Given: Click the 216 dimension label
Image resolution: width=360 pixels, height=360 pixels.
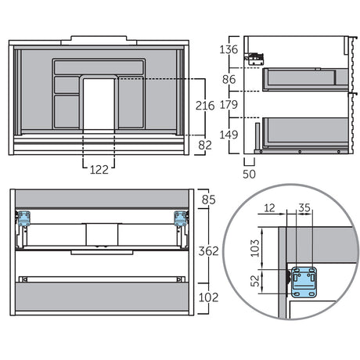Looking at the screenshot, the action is [205, 106].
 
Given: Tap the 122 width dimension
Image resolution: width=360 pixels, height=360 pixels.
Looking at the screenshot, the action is [99, 170].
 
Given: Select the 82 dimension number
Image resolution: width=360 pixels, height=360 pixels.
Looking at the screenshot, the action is [205, 146].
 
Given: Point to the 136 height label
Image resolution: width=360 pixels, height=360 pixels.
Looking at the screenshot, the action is [229, 49].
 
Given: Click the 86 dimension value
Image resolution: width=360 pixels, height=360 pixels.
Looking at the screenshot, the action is [229, 79].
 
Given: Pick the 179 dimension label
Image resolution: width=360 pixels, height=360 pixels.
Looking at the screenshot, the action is [229, 105].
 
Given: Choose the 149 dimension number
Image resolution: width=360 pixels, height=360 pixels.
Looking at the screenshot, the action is [229, 135].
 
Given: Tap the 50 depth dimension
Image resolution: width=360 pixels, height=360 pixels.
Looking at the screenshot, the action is [249, 175].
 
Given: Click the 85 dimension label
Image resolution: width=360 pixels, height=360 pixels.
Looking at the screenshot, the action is [209, 200].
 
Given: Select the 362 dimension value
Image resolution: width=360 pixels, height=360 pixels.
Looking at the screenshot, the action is [208, 251].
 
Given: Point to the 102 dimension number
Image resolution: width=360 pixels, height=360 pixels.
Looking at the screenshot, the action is [208, 297].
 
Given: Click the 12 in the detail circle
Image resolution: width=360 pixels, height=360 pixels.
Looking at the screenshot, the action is [269, 208].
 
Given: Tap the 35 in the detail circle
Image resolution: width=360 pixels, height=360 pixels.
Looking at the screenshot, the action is [304, 208].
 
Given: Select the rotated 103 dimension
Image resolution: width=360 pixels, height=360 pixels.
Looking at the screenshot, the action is [255, 248].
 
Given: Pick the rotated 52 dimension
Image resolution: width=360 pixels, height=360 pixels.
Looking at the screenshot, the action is [255, 280].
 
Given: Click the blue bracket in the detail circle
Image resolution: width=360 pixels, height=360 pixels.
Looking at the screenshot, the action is [304, 283].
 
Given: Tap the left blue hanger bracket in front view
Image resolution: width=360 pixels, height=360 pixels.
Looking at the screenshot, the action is [24, 218].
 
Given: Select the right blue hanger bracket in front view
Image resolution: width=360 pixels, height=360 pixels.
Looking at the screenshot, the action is [181, 218].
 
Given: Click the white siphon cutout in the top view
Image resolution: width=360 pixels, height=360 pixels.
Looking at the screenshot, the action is [99, 104].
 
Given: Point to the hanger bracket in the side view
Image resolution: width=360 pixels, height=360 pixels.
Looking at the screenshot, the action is [254, 59].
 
